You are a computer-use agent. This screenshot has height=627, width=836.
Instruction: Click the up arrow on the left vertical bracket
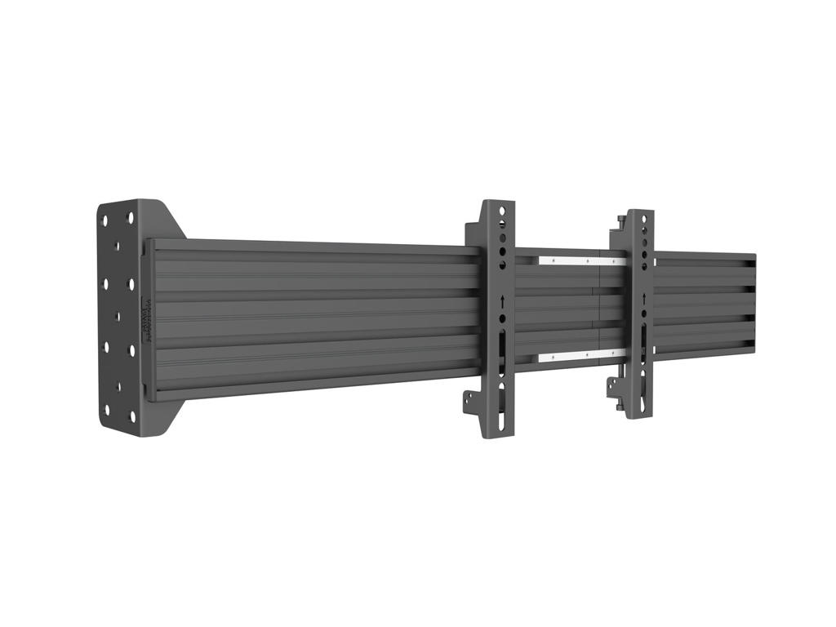click(503, 302)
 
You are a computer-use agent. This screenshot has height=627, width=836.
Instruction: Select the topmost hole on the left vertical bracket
click(503, 211)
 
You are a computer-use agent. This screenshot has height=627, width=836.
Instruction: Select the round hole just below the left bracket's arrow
click(503, 318)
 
